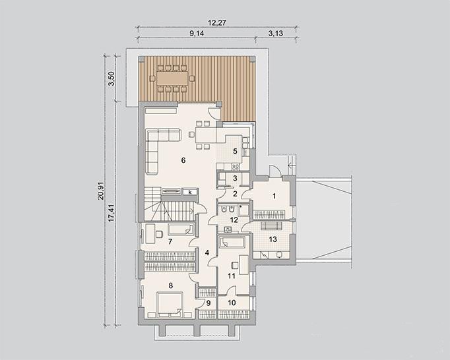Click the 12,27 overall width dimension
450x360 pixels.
pyautogui.click(x=217, y=22)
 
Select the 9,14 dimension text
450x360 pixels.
pyautogui.click(x=197, y=33)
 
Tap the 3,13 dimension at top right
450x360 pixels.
pyautogui.click(x=276, y=33)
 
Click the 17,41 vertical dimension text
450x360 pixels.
pyautogui.click(x=112, y=212)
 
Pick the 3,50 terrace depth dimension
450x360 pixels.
pyautogui.click(x=112, y=78)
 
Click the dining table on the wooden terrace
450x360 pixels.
pyautogui.click(x=172, y=78)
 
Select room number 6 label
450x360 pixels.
pyautogui.click(x=183, y=160)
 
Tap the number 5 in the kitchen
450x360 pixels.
pyautogui.click(x=235, y=151)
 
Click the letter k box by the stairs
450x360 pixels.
pyautogui.click(x=190, y=192)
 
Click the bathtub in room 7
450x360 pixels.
pyautogui.click(x=181, y=229)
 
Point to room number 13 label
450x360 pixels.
pyautogui.click(x=273, y=239)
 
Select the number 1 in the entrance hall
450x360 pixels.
pyautogui.click(x=274, y=196)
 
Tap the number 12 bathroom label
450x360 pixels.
pyautogui.click(x=234, y=220)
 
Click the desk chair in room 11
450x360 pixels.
pyautogui.click(x=234, y=265)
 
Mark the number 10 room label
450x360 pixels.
pyautogui.click(x=232, y=303)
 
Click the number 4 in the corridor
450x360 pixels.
pyautogui.click(x=207, y=253)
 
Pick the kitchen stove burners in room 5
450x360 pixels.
pyautogui.click(x=236, y=166)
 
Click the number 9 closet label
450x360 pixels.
pyautogui.click(x=209, y=303)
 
